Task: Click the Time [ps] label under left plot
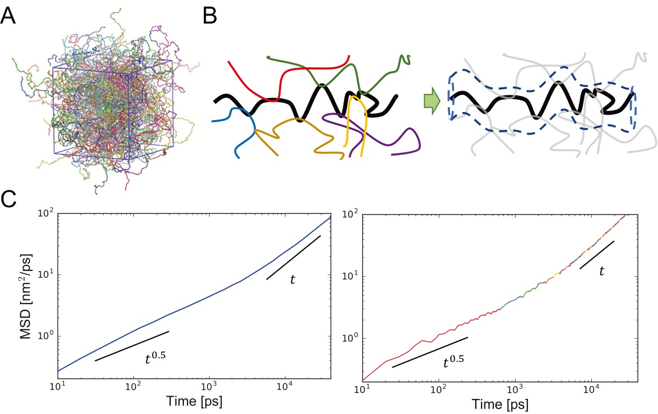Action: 195,401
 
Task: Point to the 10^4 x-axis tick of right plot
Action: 591,389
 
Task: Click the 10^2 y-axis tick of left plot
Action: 46,214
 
